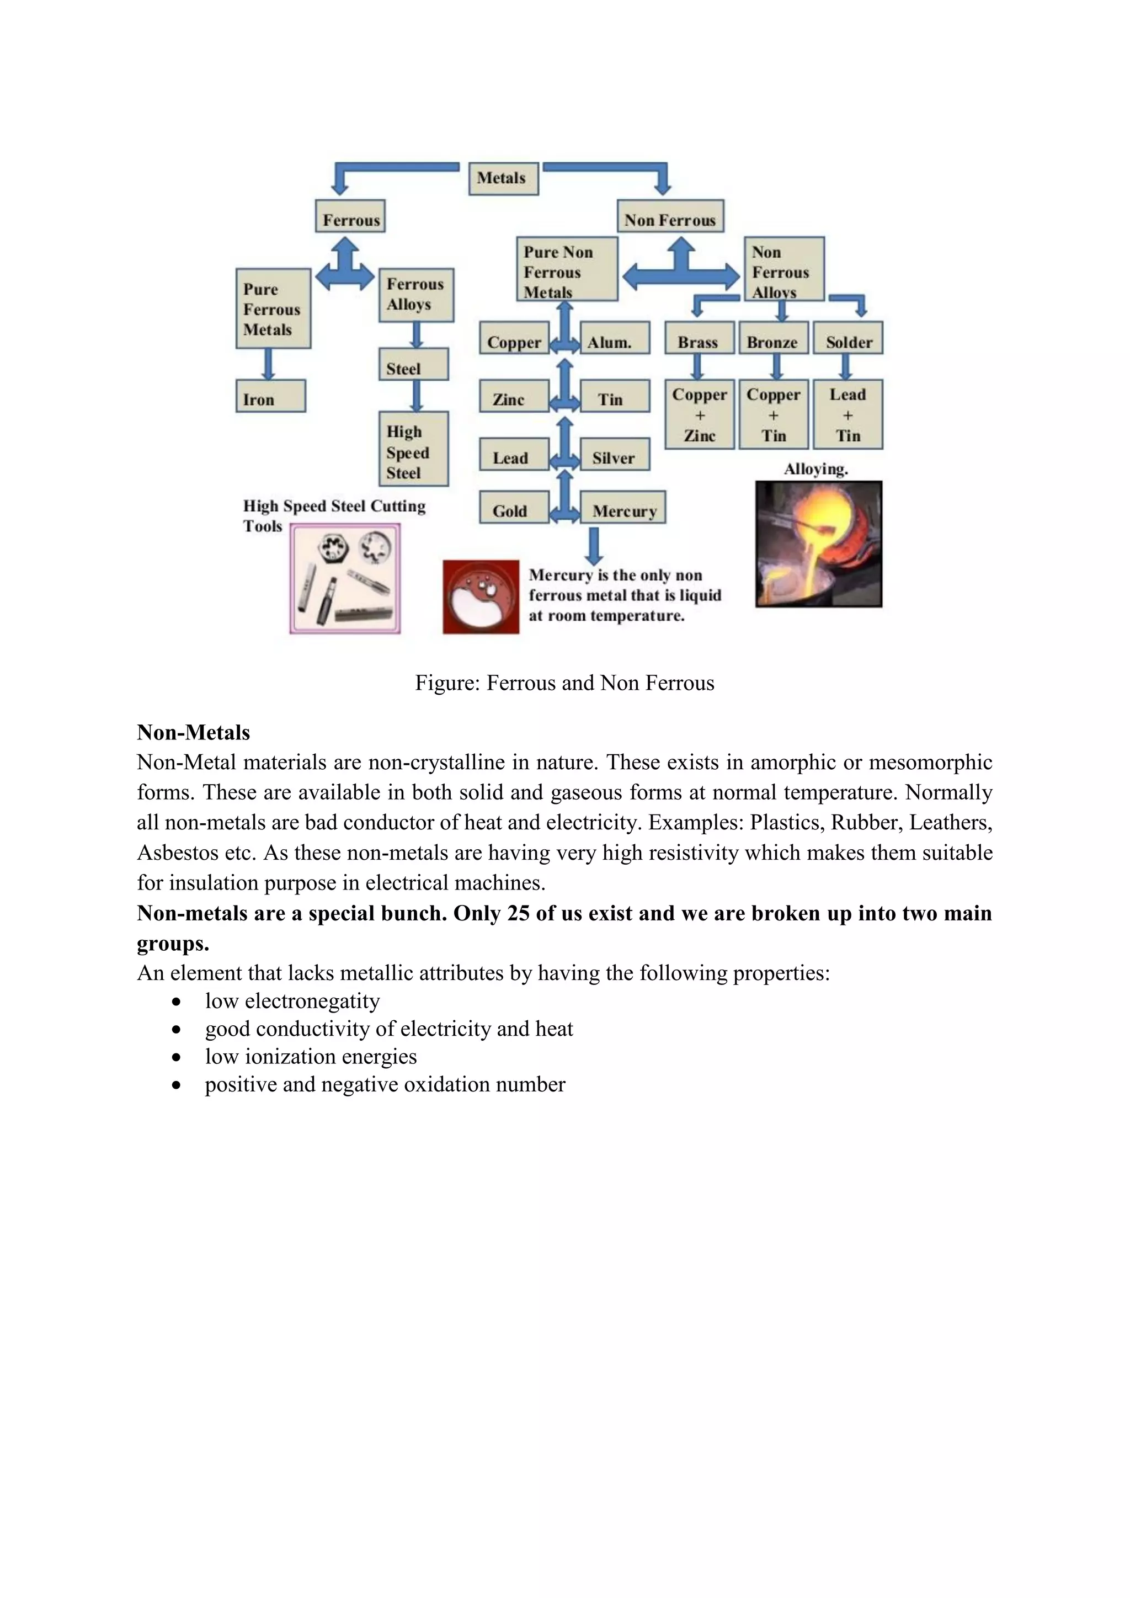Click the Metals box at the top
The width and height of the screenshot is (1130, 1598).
click(503, 178)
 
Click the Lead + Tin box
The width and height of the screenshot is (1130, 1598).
click(847, 415)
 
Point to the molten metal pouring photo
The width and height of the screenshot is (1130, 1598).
click(818, 544)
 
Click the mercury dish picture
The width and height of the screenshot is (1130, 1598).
click(481, 596)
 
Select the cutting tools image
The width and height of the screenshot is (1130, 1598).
click(345, 579)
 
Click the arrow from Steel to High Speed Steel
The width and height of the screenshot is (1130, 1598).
click(417, 395)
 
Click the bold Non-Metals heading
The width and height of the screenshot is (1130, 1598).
click(194, 732)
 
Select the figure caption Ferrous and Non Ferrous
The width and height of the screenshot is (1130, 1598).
click(564, 683)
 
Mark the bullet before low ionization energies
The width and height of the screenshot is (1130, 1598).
click(177, 1057)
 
